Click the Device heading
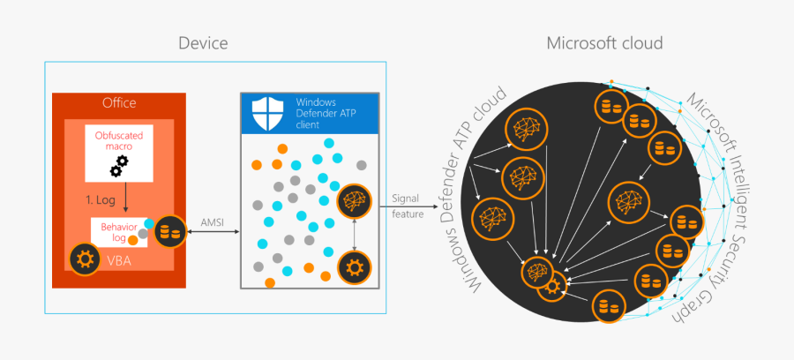(203, 43)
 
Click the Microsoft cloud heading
(604, 43)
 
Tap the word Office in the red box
(119, 102)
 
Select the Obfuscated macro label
(119, 140)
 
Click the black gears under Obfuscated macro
(119, 166)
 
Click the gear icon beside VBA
(84, 259)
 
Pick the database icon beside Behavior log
(169, 232)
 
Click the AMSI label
(212, 222)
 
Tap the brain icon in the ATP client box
(354, 200)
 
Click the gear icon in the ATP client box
(354, 266)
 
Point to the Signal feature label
(407, 206)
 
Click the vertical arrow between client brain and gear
(354, 234)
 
